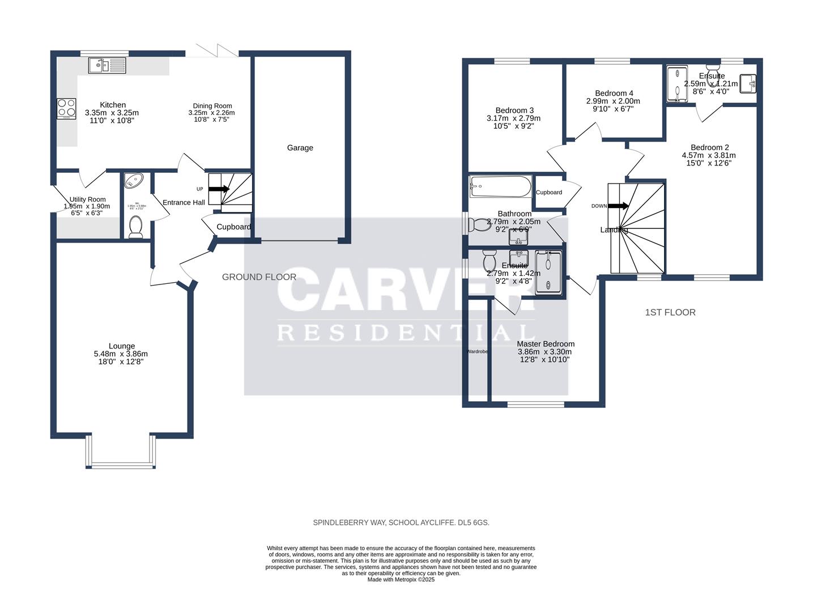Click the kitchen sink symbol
click(x=107, y=66)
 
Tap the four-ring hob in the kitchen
click(x=66, y=108)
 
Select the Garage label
click(x=300, y=148)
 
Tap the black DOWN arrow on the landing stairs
click(x=618, y=206)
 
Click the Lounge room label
click(x=122, y=346)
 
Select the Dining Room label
click(x=212, y=106)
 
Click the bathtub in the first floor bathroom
click(x=500, y=186)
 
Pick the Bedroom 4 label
click(x=614, y=93)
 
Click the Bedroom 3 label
click(x=514, y=110)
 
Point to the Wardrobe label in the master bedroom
click(x=477, y=352)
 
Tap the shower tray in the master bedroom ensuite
click(x=548, y=274)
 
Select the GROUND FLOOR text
click(x=259, y=277)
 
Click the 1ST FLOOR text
click(x=670, y=312)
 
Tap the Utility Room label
click(x=87, y=199)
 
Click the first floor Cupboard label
click(x=549, y=192)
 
